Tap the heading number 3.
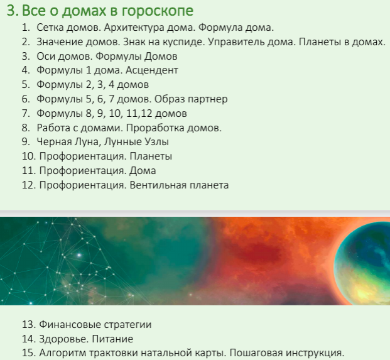pyautogui.click(x=9, y=11)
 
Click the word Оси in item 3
pyautogui.click(x=46, y=56)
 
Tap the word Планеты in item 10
pyautogui.click(x=151, y=156)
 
